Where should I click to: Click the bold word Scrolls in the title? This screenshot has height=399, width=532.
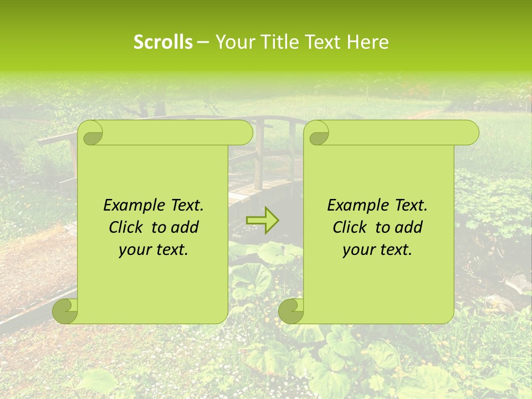163,42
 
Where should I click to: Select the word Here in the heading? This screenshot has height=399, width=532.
367,42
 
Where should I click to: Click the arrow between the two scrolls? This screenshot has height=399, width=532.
263,221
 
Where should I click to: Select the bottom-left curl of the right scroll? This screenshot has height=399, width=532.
291,310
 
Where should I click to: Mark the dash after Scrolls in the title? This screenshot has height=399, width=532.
203,42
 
